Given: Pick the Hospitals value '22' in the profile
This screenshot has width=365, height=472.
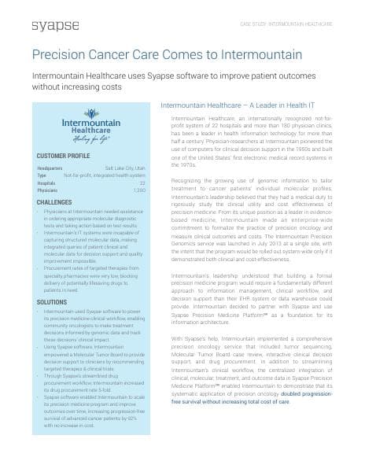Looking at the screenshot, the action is click(x=142, y=182).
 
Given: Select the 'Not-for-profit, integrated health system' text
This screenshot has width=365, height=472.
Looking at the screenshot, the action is click(x=106, y=175).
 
